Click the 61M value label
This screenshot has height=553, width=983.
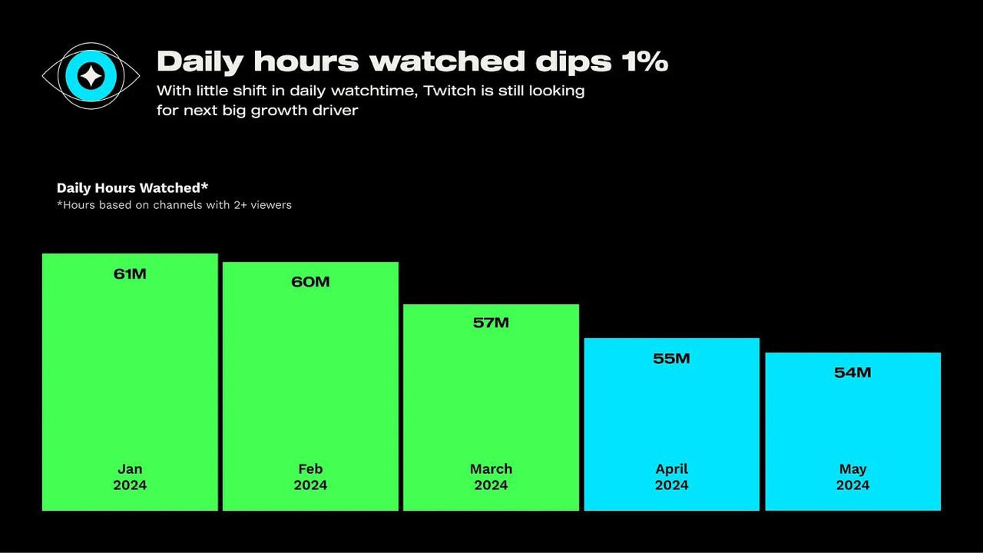click(130, 274)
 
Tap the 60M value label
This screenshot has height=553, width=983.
click(310, 282)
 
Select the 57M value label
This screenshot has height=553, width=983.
click(491, 323)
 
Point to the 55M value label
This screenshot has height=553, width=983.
click(671, 359)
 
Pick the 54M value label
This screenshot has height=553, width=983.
click(852, 373)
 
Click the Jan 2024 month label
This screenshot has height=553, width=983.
click(130, 477)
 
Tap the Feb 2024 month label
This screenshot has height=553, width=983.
click(310, 477)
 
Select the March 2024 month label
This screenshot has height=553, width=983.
click(491, 477)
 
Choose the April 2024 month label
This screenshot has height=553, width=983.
click(671, 477)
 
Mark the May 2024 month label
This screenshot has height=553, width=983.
click(852, 477)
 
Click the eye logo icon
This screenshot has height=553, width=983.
click(91, 75)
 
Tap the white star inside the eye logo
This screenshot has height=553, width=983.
click(91, 75)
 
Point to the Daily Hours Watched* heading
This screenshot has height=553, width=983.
click(132, 188)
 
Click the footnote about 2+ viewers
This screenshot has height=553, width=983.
click(174, 205)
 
